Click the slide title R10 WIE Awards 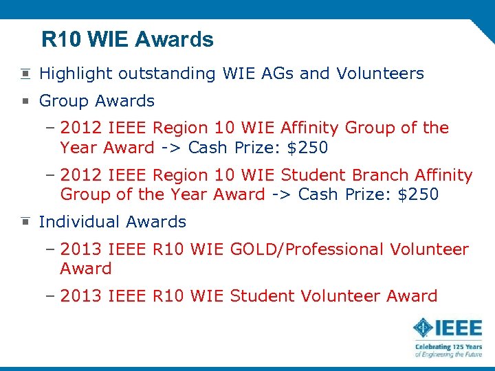127,40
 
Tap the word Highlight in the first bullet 76,74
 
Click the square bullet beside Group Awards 25,101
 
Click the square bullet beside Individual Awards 25,222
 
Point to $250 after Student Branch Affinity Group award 418,195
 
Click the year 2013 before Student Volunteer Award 80,296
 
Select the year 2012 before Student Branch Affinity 80,176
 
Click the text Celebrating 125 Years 448,348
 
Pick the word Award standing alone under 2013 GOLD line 85,269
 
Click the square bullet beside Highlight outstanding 25,74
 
